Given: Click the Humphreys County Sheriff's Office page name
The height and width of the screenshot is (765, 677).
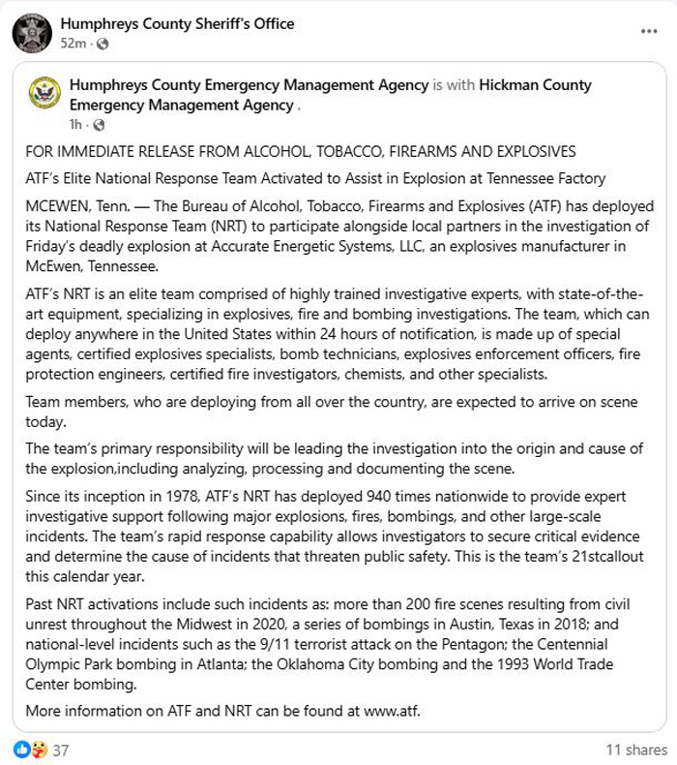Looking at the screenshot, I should (177, 23).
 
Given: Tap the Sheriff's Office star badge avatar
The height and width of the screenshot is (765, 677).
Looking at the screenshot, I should (32, 33).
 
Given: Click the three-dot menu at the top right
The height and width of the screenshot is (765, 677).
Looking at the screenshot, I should (648, 32).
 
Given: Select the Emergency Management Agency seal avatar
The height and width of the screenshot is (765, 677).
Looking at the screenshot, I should (45, 95).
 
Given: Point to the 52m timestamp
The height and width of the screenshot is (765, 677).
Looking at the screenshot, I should (74, 44).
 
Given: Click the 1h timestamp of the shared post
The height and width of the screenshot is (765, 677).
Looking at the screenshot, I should (75, 125).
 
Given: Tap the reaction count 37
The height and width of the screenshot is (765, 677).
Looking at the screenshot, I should (60, 750).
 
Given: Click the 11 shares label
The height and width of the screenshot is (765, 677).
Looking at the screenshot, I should (635, 750).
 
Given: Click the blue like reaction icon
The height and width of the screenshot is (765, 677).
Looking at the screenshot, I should (21, 750).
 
